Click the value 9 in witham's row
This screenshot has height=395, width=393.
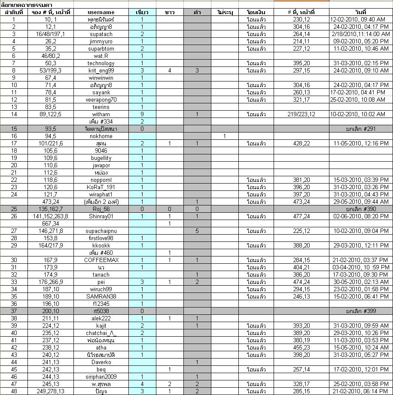142,114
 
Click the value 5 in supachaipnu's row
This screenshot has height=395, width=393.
197,231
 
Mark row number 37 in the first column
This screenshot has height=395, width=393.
14,311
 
